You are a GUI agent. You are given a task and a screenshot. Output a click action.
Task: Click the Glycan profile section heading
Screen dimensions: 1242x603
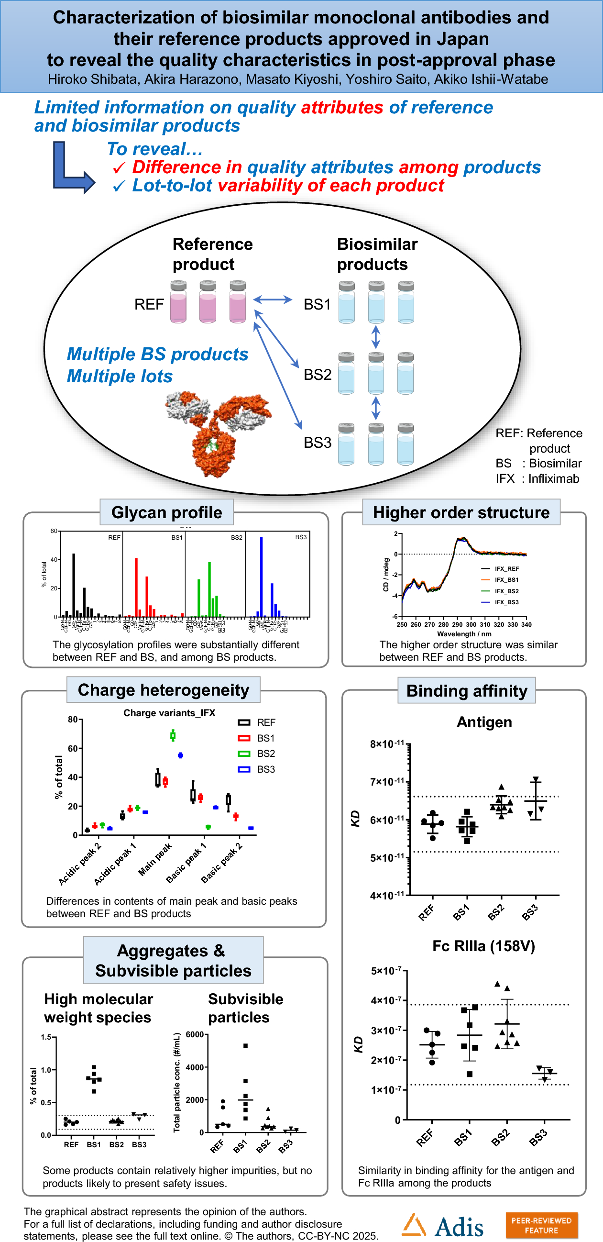coord(166,512)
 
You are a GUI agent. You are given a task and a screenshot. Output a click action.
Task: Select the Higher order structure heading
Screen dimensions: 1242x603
coord(461,512)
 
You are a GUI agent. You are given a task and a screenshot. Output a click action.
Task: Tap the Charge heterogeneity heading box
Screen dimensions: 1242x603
coord(164,690)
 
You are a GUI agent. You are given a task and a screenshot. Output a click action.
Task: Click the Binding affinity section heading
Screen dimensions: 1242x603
coord(467,691)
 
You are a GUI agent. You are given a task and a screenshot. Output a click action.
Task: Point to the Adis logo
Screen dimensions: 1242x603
coord(442,1226)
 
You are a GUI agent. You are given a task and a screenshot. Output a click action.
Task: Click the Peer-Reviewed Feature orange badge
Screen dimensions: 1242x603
coord(541,1225)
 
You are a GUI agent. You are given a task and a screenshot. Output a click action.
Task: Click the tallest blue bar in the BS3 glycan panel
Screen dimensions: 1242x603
coord(261,576)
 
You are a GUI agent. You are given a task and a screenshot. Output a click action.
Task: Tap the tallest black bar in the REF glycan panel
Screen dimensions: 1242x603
coord(74,584)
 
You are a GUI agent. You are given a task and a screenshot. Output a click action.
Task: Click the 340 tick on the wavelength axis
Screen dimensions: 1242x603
coord(526,624)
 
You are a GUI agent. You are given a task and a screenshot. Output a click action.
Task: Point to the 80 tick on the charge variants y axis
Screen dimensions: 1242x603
coord(73,720)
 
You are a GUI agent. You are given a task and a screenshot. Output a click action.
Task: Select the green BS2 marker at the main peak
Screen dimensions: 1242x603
coord(173,736)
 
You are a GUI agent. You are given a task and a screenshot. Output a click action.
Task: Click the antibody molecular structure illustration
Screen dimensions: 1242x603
coord(217,432)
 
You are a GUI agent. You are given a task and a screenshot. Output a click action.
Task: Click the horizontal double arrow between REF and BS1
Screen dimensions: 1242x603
coord(273,300)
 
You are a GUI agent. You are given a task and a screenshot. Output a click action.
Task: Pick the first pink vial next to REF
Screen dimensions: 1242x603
coord(178,302)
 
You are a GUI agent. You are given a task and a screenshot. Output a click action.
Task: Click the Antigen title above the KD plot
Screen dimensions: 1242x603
coord(484,722)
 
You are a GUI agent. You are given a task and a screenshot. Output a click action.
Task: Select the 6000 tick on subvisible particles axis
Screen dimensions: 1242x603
coord(195,1035)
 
